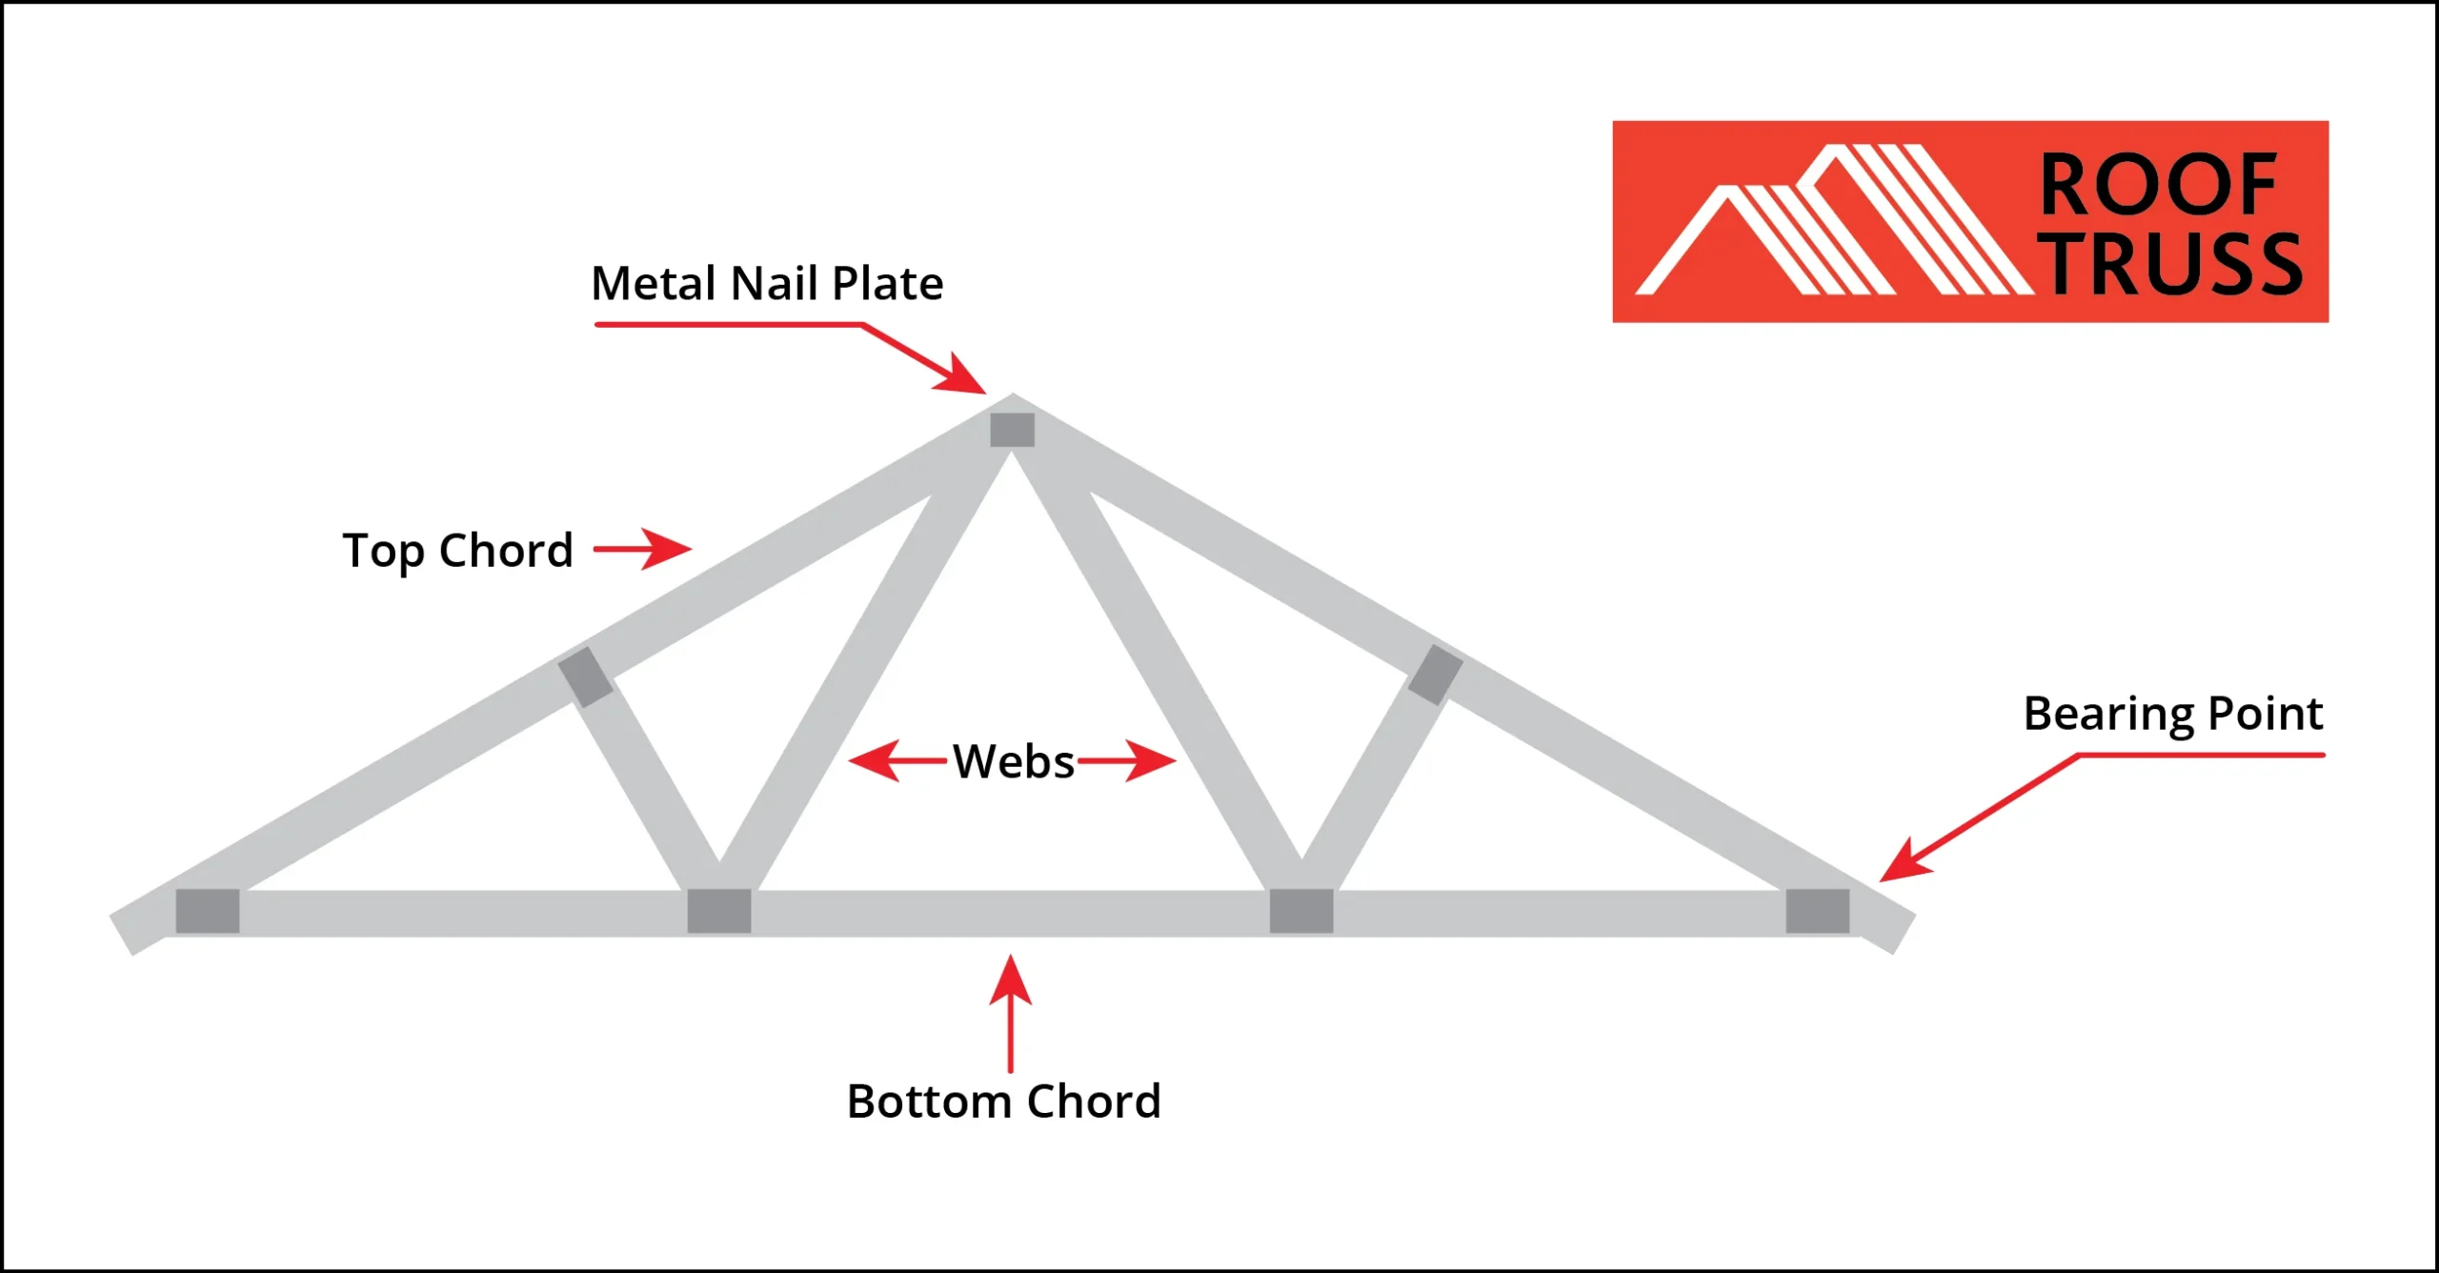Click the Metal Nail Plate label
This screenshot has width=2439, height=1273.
point(767,283)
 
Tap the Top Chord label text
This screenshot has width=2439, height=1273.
point(457,552)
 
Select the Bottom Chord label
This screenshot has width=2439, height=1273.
point(1004,1101)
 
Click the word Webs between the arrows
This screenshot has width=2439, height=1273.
point(1014,761)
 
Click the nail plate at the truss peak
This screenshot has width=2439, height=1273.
point(1012,430)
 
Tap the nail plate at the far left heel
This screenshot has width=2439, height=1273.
point(208,911)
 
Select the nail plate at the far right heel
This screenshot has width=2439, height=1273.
point(1818,911)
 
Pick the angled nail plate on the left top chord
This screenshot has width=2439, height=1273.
point(586,677)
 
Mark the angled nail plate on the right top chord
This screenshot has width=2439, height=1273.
point(1435,675)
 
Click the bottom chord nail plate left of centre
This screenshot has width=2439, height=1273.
point(719,911)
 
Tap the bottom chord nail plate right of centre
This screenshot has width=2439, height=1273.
point(1301,911)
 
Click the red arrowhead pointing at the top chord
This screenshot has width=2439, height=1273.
point(666,549)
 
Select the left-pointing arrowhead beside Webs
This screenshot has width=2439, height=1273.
point(874,760)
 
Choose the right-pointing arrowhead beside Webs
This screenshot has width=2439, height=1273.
point(1151,760)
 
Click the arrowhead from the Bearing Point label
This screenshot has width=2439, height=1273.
point(1905,860)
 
